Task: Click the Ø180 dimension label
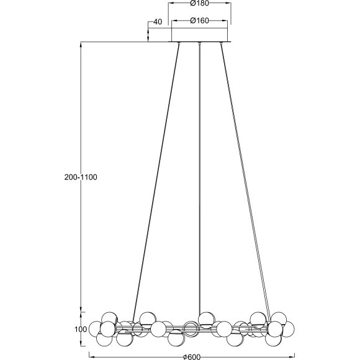[x=199, y=3]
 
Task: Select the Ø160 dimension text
[x=199, y=20]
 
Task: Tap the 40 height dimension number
[x=158, y=22]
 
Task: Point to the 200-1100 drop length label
[x=81, y=177]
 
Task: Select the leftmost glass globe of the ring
[x=95, y=328]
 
